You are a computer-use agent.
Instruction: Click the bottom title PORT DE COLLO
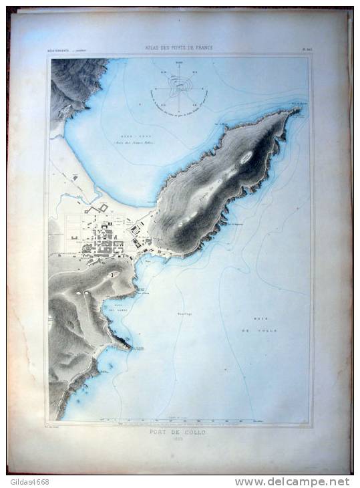180,431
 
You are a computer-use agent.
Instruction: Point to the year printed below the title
180,438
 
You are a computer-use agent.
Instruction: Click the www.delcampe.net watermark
292,481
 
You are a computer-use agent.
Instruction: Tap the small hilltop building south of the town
113,273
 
